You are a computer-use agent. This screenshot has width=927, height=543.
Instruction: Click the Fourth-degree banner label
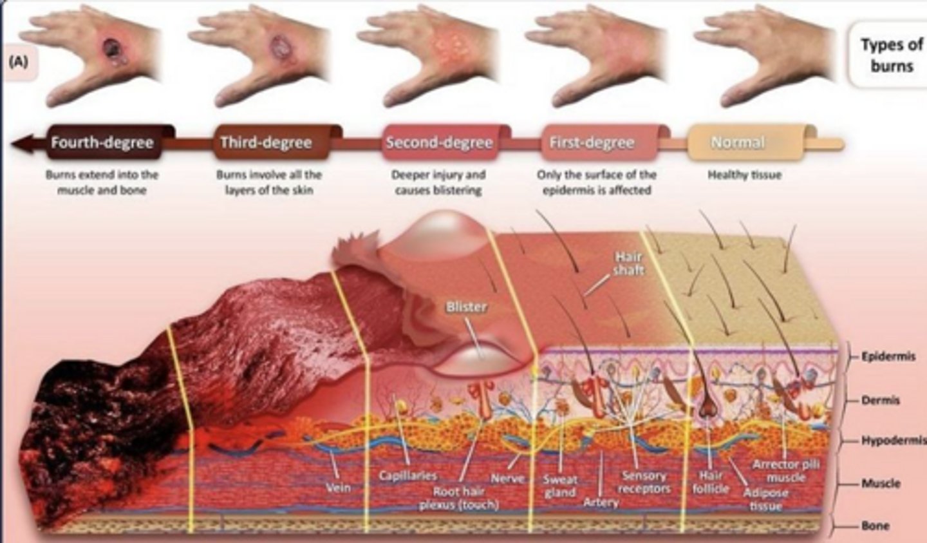tap(102, 143)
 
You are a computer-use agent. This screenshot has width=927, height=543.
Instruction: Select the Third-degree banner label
tap(266, 143)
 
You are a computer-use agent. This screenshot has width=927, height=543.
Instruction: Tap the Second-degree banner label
tap(439, 143)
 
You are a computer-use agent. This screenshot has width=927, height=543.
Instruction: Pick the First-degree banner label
tap(592, 143)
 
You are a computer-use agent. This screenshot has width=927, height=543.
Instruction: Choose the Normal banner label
tap(738, 143)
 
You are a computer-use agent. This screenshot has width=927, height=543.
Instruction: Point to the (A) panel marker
tap(19, 62)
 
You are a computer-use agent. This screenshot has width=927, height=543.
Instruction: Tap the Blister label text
tap(466, 307)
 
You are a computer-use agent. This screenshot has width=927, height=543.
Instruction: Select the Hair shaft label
tap(628, 263)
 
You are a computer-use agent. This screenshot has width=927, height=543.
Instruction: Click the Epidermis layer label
tap(888, 356)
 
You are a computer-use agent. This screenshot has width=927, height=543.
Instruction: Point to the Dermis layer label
tap(881, 400)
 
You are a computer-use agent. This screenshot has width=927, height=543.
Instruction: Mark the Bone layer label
tap(876, 526)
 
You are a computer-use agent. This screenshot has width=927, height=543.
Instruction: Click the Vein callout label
tap(338, 488)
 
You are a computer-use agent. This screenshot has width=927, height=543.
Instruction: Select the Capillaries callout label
tap(408, 476)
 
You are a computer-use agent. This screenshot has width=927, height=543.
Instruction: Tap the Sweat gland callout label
tap(559, 486)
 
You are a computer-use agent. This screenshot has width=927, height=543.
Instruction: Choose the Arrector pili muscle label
tap(785, 472)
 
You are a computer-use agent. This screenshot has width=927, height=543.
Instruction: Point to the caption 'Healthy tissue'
tap(744, 175)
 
